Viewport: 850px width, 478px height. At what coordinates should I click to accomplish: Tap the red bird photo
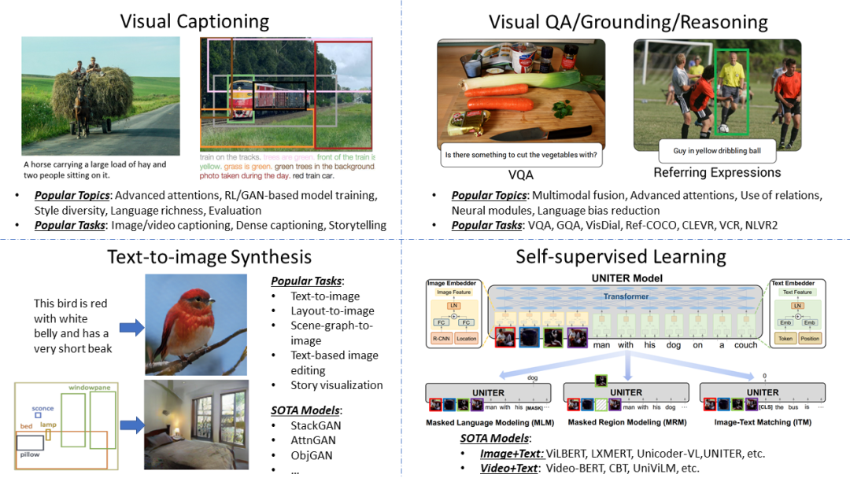[196, 324]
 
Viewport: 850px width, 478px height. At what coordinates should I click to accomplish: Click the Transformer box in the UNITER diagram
[626, 296]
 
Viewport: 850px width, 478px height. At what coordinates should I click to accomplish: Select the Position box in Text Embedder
[811, 338]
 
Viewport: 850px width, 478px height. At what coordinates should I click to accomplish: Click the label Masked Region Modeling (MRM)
[626, 422]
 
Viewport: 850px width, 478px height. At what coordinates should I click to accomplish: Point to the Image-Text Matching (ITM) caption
[762, 422]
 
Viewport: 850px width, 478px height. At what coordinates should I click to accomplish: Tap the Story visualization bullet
[337, 385]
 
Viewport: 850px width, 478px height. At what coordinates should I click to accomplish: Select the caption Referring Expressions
[717, 172]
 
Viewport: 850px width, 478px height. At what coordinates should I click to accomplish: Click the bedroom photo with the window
[196, 424]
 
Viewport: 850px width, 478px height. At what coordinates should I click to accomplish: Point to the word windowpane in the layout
[90, 388]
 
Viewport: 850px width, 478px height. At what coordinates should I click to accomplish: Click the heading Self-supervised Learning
[621, 256]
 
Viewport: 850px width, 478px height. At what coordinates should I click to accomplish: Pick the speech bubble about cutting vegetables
[520, 154]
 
